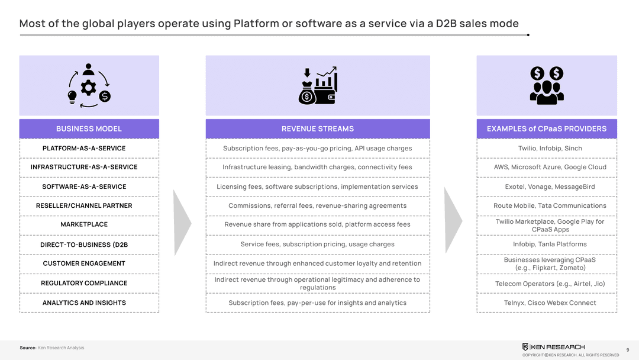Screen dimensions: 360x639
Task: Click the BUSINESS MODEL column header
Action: [89, 128]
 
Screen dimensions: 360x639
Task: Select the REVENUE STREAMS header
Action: [318, 128]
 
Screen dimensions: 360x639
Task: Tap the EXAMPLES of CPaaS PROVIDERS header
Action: [547, 128]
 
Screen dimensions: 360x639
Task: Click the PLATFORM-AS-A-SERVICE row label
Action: [84, 148]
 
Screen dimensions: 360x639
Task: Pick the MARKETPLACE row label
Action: [84, 224]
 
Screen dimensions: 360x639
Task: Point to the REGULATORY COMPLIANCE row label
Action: [84, 283]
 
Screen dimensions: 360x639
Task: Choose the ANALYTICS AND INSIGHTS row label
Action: [84, 303]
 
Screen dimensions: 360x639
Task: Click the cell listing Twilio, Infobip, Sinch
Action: [547, 148]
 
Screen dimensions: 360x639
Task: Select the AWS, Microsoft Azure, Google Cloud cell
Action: [547, 167]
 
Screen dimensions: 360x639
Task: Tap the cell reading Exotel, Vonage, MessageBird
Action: [547, 187]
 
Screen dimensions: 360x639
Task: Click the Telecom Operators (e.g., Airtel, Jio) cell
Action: [547, 284]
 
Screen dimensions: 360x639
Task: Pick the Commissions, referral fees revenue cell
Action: [318, 205]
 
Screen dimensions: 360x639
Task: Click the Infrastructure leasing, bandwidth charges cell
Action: [318, 167]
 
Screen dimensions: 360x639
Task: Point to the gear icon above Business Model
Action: [89, 88]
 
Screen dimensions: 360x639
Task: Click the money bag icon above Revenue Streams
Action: [308, 94]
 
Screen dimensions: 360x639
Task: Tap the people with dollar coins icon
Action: [547, 85]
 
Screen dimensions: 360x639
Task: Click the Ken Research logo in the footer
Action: [553, 347]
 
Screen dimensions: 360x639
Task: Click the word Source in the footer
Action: [28, 348]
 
